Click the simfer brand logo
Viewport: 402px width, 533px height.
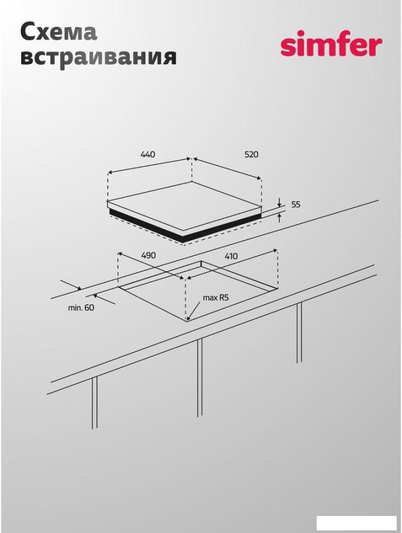click(331, 44)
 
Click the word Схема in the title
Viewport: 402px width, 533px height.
click(59, 33)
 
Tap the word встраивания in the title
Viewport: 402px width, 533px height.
click(99, 56)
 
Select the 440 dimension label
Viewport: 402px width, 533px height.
click(148, 155)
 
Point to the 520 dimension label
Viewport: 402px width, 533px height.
click(251, 155)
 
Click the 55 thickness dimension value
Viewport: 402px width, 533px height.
click(296, 205)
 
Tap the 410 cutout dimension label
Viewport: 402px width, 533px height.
click(231, 256)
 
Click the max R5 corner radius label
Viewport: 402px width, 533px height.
click(215, 298)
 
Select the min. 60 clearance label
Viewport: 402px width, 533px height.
click(81, 308)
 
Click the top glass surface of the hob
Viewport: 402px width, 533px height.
click(183, 206)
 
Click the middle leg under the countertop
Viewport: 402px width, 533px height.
click(199, 378)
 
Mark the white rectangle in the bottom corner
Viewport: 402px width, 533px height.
click(357, 523)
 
